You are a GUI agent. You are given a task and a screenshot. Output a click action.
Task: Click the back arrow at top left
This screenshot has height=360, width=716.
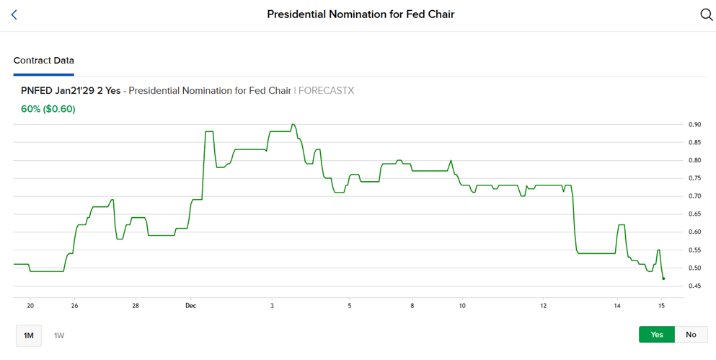tap(14, 14)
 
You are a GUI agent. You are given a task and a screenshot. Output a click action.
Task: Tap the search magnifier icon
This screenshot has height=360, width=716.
tap(706, 14)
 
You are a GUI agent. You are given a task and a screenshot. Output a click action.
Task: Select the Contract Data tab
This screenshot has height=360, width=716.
tap(43, 61)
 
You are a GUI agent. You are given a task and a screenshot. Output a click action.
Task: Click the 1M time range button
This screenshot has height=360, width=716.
tap(29, 335)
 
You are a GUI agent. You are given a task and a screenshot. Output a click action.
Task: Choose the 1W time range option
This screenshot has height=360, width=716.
tap(59, 335)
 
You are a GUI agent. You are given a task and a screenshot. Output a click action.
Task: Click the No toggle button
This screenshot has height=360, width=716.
tap(691, 334)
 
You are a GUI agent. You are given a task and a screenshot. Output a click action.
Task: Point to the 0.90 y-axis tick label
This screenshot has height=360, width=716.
tap(694, 124)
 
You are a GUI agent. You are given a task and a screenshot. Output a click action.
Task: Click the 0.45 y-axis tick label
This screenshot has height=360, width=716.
tap(694, 286)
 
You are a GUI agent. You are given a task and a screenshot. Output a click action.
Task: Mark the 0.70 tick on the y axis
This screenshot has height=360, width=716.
tap(694, 196)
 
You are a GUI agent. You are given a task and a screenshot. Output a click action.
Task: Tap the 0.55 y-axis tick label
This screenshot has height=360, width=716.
tap(694, 250)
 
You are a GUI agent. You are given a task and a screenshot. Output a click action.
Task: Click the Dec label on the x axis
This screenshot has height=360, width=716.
tap(190, 306)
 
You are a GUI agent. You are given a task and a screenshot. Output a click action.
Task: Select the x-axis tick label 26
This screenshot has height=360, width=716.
tap(74, 306)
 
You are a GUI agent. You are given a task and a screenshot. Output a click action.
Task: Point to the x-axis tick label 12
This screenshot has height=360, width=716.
tap(543, 306)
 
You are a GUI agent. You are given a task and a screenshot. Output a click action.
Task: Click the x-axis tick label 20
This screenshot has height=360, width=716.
tap(30, 306)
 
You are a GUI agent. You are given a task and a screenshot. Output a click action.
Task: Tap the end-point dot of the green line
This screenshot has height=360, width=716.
tap(663, 278)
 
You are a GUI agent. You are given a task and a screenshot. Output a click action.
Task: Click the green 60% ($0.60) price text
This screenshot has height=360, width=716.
tap(48, 109)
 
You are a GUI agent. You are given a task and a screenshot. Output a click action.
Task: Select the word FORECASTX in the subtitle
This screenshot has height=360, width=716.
tap(326, 91)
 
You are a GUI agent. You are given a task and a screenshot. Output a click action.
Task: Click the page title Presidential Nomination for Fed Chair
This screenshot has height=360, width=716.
tap(361, 14)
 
